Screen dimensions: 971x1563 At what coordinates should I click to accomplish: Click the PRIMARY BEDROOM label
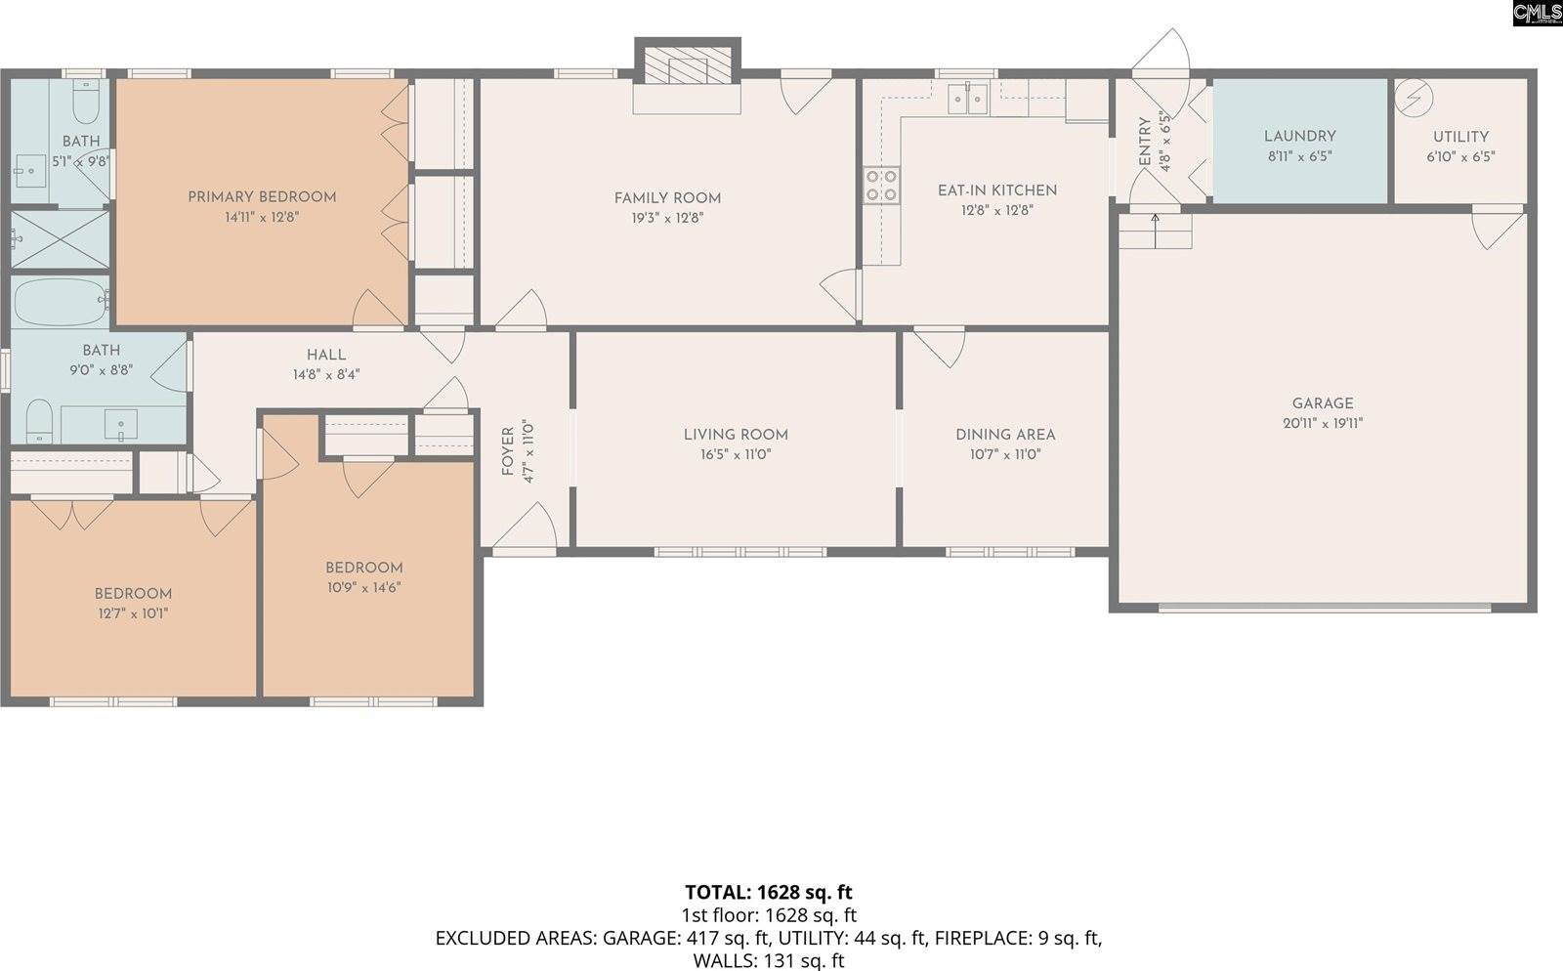click(262, 197)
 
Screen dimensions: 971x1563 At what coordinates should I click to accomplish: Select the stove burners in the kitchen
click(881, 186)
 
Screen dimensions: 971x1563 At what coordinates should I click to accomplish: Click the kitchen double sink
click(968, 98)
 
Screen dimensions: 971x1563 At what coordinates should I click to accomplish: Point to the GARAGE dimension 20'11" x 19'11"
click(1323, 424)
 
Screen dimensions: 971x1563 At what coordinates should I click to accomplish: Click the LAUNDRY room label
click(1299, 137)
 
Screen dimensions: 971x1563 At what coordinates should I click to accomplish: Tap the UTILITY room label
click(1460, 137)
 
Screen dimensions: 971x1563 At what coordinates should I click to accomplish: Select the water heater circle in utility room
click(1413, 97)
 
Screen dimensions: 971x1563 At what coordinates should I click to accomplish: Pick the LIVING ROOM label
click(736, 435)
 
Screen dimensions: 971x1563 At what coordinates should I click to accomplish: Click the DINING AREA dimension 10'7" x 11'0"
click(1005, 454)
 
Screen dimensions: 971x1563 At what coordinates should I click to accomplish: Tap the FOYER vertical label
click(507, 451)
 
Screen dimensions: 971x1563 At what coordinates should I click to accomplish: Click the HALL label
click(325, 355)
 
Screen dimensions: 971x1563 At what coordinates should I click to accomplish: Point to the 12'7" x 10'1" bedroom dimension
click(133, 613)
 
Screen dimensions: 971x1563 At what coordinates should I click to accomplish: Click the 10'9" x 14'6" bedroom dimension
click(363, 588)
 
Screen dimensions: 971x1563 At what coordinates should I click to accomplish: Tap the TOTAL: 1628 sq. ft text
click(768, 892)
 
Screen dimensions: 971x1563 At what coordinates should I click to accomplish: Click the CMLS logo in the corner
click(1537, 13)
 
